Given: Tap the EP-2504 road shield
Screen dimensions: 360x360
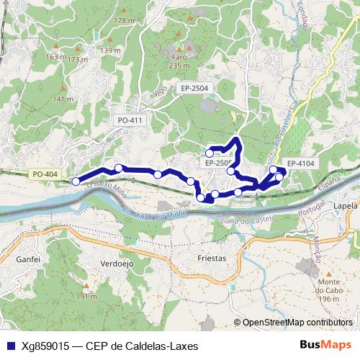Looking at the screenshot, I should [194, 88].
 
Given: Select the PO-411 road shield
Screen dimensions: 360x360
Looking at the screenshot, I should [130, 120].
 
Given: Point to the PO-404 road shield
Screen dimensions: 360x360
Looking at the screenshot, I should [45, 174].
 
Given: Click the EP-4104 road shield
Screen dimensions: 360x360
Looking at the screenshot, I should [300, 163].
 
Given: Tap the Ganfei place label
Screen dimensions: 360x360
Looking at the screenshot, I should [27, 258].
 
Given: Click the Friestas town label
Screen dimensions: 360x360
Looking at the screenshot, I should [211, 258].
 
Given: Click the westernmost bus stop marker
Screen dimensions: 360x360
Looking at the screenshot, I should [76, 181].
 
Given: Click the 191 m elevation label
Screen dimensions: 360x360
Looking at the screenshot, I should [86, 296].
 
